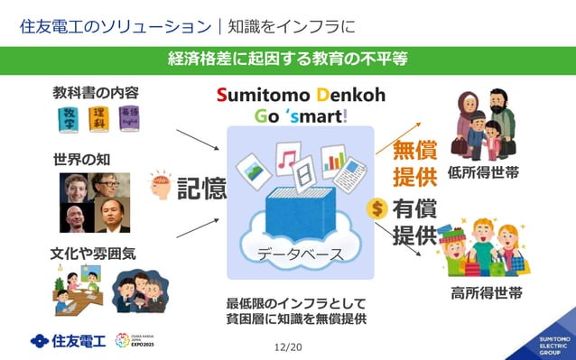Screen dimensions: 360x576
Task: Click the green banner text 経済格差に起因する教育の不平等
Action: coord(288,60)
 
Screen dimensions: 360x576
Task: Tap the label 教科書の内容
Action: coord(96,93)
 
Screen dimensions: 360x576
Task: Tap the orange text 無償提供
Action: coord(414,162)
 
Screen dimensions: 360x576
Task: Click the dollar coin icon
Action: coord(378,209)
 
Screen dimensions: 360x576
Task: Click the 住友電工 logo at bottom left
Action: coord(68,340)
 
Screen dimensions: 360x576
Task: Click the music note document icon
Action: coord(287,160)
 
